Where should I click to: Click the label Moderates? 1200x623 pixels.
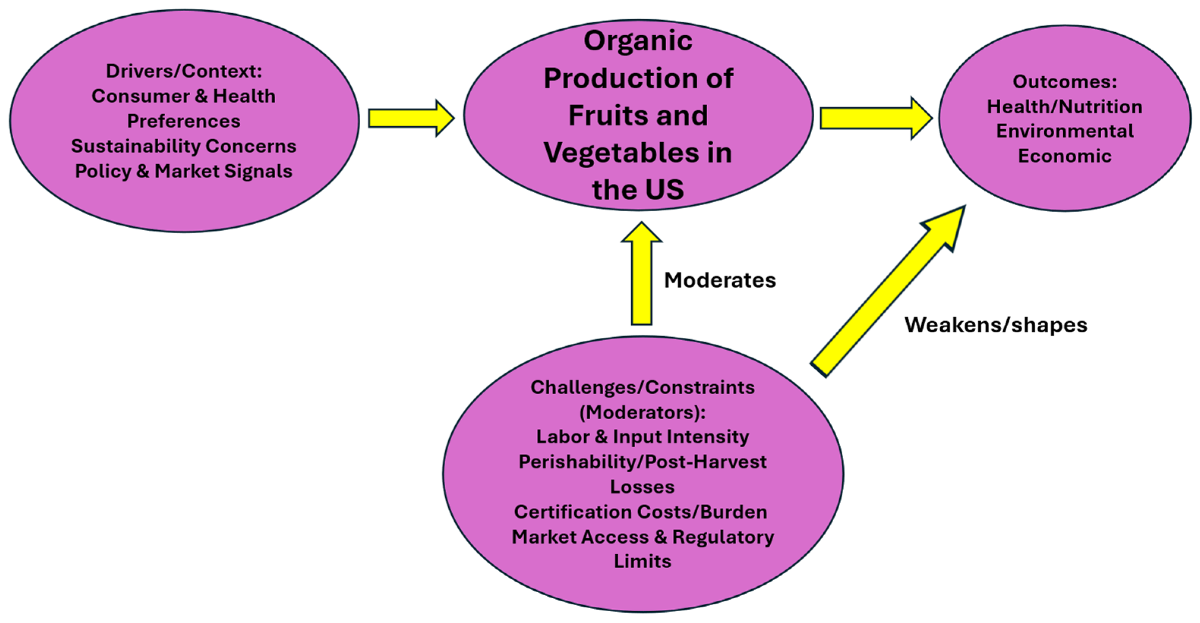(x=720, y=280)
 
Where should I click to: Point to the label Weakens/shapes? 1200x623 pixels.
(x=995, y=325)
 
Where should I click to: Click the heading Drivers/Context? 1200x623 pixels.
(x=184, y=71)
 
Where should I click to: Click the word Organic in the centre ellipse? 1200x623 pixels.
(x=638, y=41)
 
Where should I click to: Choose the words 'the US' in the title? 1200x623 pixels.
(x=638, y=189)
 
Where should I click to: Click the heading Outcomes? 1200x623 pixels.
(x=1064, y=82)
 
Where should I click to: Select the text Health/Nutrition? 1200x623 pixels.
(x=1064, y=107)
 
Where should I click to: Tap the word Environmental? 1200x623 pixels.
(x=1064, y=131)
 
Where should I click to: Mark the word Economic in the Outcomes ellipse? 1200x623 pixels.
(x=1064, y=156)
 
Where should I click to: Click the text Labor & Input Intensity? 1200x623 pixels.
(x=642, y=437)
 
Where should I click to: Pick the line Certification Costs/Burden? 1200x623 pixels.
(x=640, y=512)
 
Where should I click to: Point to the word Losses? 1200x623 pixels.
(x=642, y=487)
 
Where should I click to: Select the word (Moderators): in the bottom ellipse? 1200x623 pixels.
(x=642, y=412)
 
